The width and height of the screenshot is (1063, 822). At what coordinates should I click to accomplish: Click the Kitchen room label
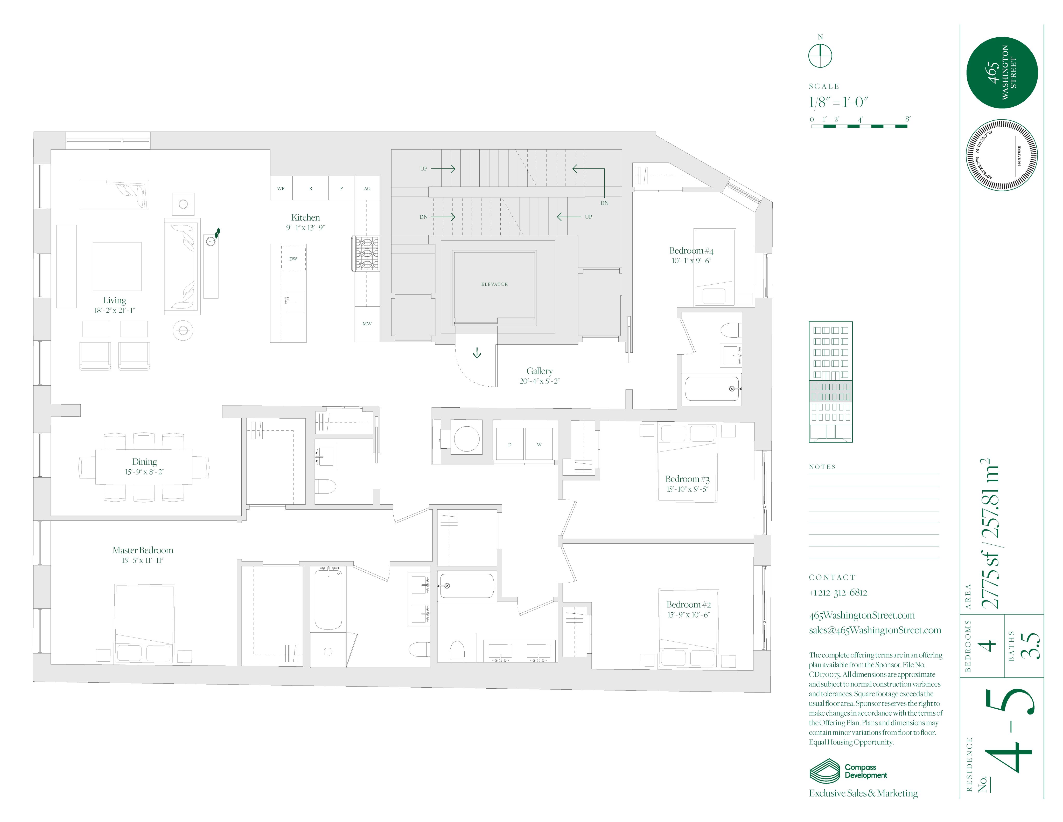[305, 218]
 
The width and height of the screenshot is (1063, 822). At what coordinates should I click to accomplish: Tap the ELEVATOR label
[494, 284]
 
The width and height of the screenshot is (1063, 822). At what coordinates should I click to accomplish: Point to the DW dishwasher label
[293, 259]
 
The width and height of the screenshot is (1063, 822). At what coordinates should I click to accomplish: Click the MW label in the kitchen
[367, 323]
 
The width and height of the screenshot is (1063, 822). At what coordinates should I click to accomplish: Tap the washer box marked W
[539, 444]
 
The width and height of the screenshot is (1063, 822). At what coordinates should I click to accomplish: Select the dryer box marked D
[510, 444]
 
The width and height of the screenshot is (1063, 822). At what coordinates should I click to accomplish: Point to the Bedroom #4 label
[691, 251]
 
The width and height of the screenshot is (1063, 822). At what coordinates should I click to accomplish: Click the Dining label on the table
[145, 462]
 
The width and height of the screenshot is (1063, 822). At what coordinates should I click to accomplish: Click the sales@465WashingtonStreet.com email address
[875, 630]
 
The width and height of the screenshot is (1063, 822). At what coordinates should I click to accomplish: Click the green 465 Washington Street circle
[1002, 73]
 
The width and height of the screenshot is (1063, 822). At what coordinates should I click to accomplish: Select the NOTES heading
[822, 467]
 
